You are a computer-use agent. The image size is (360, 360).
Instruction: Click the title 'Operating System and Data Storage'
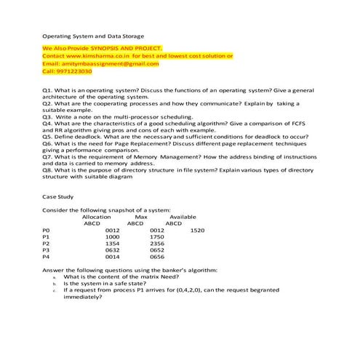(x=93, y=36)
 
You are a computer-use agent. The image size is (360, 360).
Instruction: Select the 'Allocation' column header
(x=97, y=217)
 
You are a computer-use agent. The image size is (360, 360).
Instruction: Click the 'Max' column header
(x=141, y=217)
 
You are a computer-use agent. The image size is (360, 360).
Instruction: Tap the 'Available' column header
(x=182, y=217)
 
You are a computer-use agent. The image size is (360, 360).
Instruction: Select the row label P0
(x=47, y=231)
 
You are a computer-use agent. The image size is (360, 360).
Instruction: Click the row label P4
(x=47, y=257)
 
